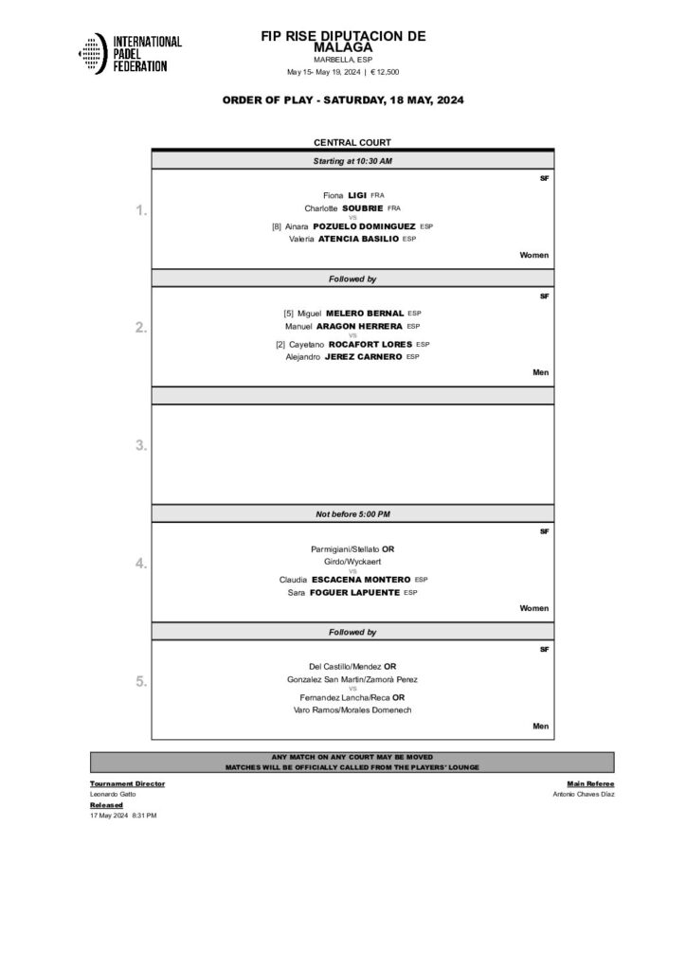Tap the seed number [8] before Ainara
(x=277, y=226)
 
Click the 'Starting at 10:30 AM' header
(x=352, y=161)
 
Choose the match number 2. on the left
(x=140, y=328)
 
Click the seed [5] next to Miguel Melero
(x=289, y=313)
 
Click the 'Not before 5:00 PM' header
(x=352, y=513)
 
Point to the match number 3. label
(x=140, y=445)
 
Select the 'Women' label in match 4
(x=534, y=608)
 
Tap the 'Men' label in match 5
(x=541, y=726)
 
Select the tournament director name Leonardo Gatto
(x=113, y=794)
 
